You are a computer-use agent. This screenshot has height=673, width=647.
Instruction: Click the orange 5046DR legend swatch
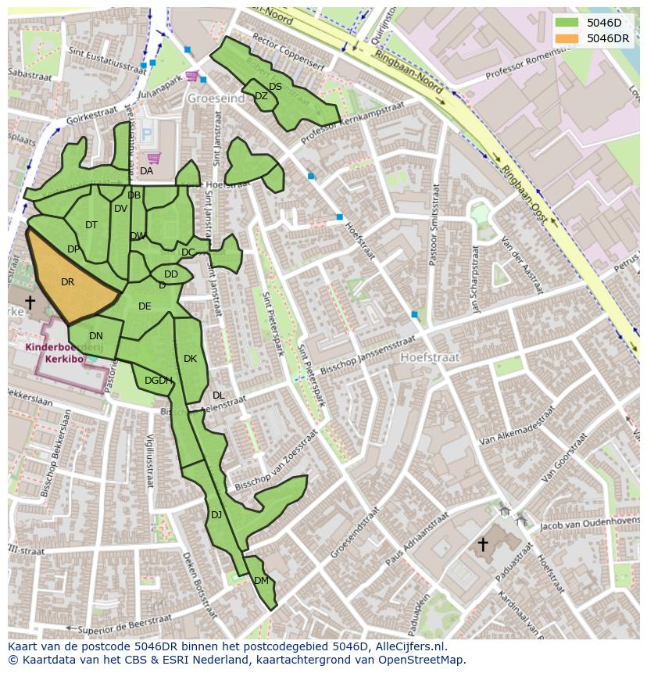[567, 38]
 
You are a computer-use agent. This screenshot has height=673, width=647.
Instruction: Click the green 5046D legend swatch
[567, 23]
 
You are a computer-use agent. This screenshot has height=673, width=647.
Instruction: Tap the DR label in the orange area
[67, 282]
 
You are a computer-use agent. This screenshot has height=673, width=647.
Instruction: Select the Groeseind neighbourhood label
[215, 99]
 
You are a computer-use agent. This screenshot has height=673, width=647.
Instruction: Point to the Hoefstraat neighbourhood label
[430, 357]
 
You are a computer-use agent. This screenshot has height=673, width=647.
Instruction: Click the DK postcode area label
[190, 359]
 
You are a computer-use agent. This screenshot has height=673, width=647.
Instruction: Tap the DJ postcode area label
[216, 514]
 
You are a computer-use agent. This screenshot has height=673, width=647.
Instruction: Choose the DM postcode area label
[261, 580]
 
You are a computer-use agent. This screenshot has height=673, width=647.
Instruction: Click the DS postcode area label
[275, 87]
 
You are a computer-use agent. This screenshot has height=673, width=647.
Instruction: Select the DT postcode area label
[91, 225]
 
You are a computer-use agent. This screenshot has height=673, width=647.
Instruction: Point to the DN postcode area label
[96, 336]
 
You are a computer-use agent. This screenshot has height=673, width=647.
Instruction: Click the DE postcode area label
[145, 306]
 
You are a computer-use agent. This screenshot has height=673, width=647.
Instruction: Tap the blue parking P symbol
[146, 134]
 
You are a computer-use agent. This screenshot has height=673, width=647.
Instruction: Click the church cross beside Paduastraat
[482, 543]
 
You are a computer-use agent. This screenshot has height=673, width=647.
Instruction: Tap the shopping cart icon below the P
[154, 158]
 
